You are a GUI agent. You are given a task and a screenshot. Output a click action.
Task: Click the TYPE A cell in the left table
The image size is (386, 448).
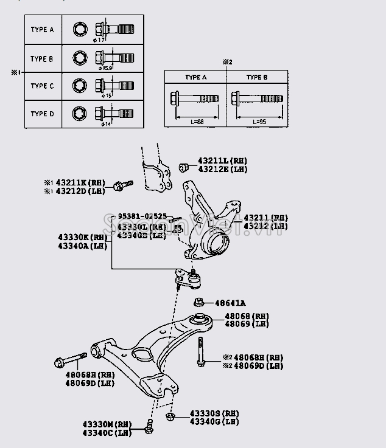tap(42, 29)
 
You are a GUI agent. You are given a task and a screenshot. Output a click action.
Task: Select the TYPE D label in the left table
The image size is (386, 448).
tap(42, 114)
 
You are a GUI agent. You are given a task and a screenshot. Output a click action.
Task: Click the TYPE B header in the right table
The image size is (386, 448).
tap(256, 77)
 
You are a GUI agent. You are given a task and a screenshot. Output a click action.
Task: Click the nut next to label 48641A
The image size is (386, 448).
tap(199, 302)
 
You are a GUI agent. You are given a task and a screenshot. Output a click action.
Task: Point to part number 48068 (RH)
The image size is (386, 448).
tap(246, 316)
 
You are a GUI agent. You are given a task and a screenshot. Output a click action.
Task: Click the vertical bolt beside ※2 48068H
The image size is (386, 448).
tap(198, 352)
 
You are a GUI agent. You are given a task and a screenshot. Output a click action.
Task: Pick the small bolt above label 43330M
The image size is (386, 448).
tap(149, 427)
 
